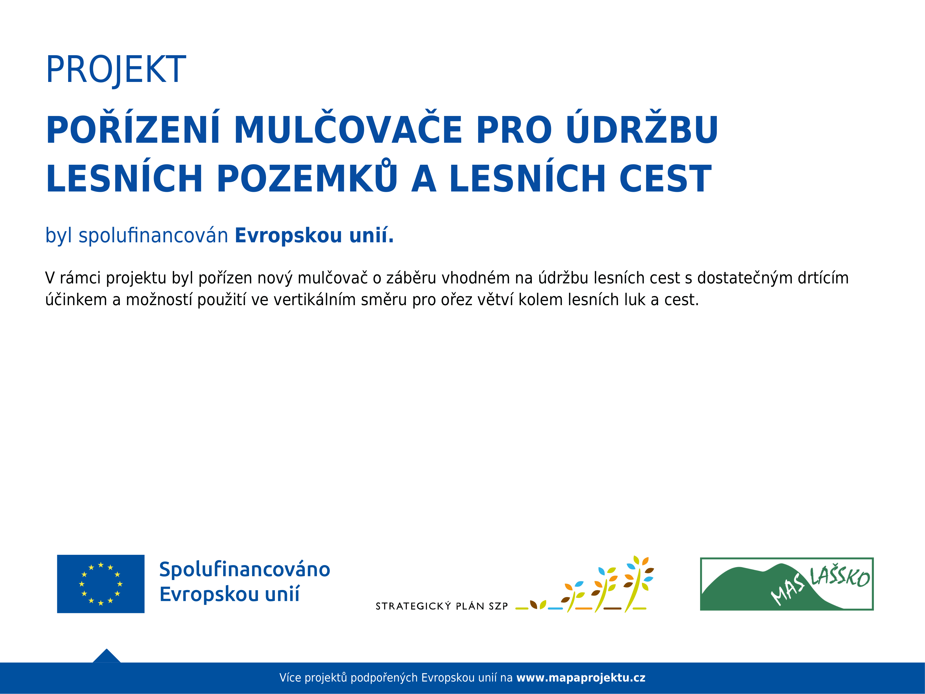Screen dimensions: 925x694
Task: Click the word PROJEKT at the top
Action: pyautogui.click(x=116, y=70)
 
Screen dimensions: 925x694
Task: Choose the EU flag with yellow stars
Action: pyautogui.click(x=101, y=584)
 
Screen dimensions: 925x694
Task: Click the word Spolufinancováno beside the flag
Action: pyautogui.click(x=245, y=570)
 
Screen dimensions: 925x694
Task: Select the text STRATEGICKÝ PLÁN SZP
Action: pyautogui.click(x=442, y=606)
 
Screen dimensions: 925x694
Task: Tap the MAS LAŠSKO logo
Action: pyautogui.click(x=787, y=584)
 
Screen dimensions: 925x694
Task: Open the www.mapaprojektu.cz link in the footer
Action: pyautogui.click(x=581, y=678)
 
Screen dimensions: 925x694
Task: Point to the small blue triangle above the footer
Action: pyautogui.click(x=107, y=656)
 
